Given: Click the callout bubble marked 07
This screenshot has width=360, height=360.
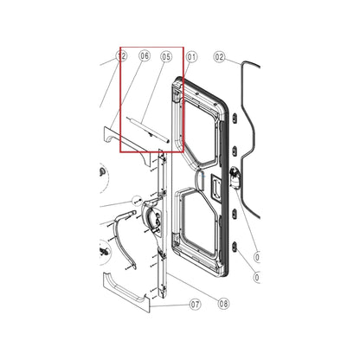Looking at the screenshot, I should point(195,304).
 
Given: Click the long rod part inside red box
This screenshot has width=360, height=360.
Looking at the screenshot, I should point(145,130).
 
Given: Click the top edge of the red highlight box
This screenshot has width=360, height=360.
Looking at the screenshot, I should point(151,48).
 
